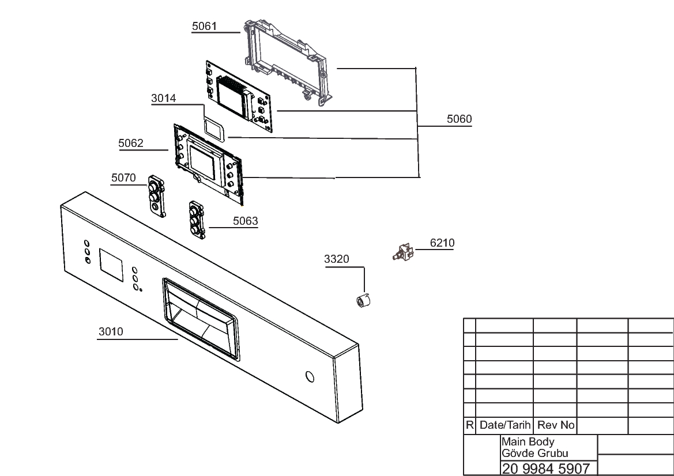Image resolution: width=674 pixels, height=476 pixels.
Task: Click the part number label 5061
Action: point(204,26)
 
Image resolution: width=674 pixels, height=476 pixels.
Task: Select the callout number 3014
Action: point(163,99)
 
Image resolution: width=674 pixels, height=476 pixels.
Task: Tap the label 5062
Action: point(131,143)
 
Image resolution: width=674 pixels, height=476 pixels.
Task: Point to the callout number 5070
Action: point(123,178)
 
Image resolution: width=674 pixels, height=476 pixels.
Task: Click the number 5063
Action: point(246,221)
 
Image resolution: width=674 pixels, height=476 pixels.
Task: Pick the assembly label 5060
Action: point(459,119)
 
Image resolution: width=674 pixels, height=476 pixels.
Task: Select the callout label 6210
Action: point(442,243)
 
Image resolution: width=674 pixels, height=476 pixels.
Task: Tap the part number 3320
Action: point(337,259)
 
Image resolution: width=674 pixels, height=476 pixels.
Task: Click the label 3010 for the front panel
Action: point(111,332)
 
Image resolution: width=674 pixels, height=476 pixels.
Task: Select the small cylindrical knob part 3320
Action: point(363,300)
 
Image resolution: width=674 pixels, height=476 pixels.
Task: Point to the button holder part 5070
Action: point(156,196)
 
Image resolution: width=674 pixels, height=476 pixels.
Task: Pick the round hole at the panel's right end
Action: point(309,377)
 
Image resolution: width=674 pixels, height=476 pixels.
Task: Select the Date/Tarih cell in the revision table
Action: point(504,425)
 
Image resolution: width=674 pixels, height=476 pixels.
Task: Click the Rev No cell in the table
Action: point(556,425)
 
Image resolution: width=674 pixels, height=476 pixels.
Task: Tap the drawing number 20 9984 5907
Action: point(546,469)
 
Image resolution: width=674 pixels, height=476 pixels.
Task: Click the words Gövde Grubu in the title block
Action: point(534,453)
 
